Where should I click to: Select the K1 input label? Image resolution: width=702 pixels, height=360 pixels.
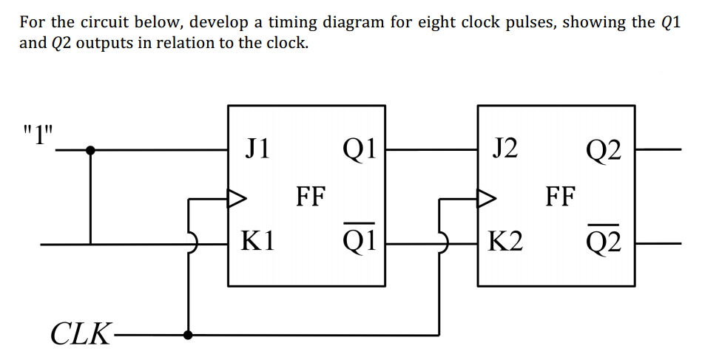[259, 241]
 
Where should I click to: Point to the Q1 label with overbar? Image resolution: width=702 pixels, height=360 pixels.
[357, 240]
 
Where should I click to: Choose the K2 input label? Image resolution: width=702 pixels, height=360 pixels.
[507, 241]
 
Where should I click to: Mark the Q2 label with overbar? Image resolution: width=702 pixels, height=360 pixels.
[606, 240]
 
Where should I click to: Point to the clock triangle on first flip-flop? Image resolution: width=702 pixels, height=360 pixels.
[236, 198]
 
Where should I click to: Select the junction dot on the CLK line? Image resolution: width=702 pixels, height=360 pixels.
[190, 334]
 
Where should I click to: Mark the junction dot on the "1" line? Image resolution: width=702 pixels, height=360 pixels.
[90, 150]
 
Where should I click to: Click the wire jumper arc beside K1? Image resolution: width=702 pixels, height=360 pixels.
[193, 242]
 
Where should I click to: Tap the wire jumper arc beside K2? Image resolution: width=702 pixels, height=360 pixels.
[443, 242]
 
